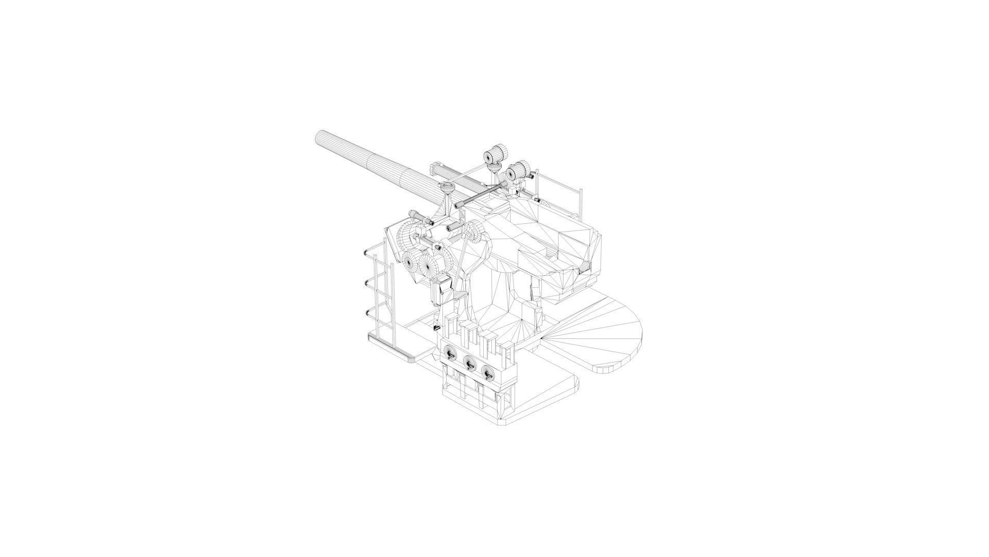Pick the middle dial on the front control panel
click(469, 363)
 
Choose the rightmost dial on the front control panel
click(487, 370)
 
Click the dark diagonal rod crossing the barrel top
click(479, 196)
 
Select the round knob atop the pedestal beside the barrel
click(447, 188)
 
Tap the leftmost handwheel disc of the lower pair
click(411, 263)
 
